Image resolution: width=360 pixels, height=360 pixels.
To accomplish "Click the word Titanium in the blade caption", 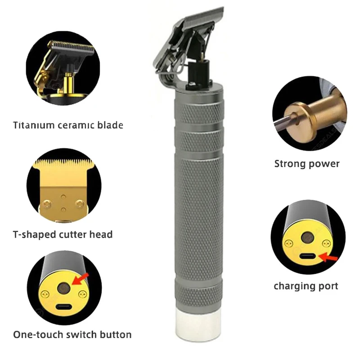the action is point(33,125).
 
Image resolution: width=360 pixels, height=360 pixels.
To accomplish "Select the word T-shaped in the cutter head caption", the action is point(34,234).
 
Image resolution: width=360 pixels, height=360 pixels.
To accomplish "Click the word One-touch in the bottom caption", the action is point(38,335).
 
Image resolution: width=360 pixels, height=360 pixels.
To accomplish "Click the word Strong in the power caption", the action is point(290,164).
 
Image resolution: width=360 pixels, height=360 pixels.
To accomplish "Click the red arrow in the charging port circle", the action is point(328,257).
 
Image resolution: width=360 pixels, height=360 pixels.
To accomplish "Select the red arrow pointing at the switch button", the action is point(80,279).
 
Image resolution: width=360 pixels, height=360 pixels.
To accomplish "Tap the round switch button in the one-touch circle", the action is point(63,288).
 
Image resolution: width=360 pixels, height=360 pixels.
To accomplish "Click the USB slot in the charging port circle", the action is point(308,256).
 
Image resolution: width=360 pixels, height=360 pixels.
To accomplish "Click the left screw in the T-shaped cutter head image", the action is point(46,205).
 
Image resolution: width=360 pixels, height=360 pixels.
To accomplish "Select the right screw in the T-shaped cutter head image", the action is point(80,203).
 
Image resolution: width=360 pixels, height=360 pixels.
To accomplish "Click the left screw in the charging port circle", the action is point(288,243).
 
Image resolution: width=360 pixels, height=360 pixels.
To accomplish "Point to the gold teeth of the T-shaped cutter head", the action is point(64,163).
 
